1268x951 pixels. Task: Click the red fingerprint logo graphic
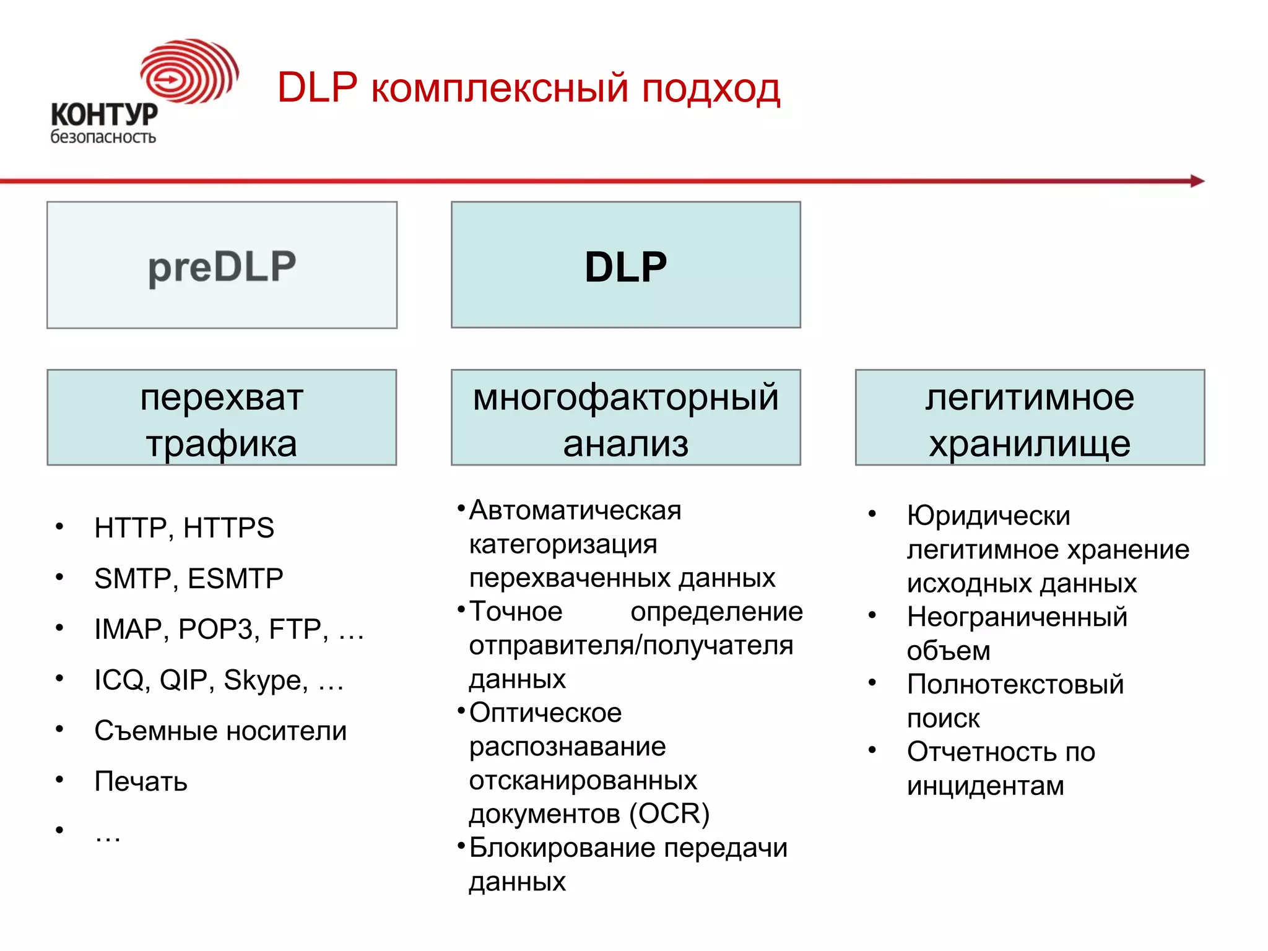[189, 71]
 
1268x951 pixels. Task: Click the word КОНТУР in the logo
[104, 115]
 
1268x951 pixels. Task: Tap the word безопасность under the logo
[103, 137]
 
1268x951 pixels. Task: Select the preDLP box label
[222, 267]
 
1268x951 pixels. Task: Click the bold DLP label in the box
[625, 267]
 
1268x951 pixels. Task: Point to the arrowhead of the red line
[1197, 181]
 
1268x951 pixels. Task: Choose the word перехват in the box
[222, 397]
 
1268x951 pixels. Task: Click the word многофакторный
[625, 397]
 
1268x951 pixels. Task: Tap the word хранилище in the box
[1029, 444]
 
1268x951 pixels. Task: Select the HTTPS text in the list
[228, 528]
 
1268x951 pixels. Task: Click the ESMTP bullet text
[235, 579]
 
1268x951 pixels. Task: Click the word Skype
[266, 680]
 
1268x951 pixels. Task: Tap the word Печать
[141, 782]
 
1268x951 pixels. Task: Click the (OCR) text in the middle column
[669, 814]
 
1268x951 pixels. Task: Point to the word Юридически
[988, 516]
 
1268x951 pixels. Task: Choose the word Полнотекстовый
[1015, 685]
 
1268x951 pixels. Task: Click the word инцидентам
[985, 786]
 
